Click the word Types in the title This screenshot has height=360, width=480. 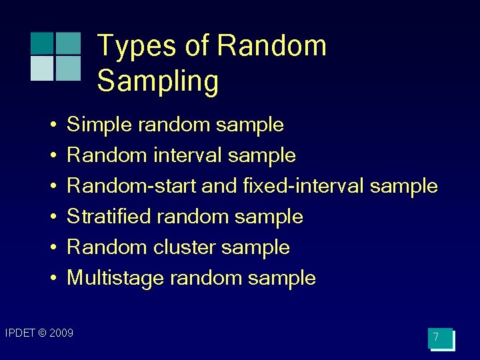(137, 47)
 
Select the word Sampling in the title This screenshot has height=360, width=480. (158, 81)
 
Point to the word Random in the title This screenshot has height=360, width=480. (271, 47)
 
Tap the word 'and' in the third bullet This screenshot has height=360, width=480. (219, 186)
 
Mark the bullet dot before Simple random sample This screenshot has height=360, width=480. (51, 125)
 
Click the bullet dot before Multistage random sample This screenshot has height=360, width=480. (51, 279)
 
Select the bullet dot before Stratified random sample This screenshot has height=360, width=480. (51, 217)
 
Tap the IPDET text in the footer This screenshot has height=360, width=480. (19, 333)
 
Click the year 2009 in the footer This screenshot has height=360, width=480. (61, 333)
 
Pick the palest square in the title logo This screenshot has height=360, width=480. (42, 68)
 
